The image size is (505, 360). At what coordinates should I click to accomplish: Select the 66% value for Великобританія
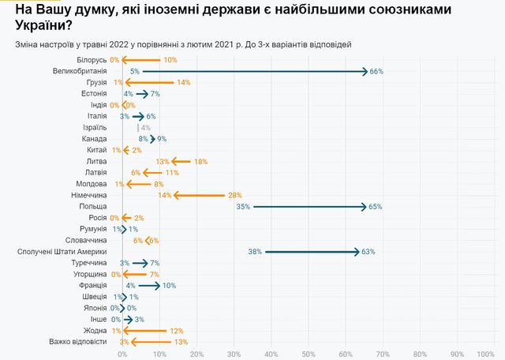376,71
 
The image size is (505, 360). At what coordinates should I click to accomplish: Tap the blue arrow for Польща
309,206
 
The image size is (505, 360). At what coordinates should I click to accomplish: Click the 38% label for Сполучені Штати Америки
254,252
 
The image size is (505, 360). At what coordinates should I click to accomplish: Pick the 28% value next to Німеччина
234,195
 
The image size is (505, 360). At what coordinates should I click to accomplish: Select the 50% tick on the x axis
309,354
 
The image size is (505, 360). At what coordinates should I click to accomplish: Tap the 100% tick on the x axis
485,354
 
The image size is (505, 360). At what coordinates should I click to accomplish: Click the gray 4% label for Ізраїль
145,127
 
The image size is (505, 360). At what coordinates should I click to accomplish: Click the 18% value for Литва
200,161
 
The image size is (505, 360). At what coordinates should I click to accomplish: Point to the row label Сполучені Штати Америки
62,252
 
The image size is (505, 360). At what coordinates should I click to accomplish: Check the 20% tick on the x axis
197,354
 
